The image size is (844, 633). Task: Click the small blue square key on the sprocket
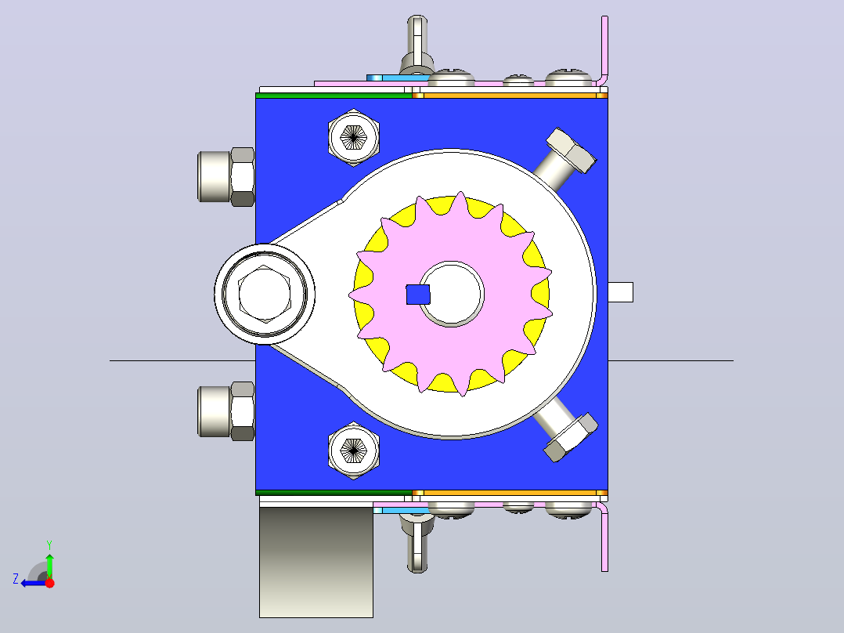[418, 295]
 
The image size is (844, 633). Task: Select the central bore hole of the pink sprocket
[452, 294]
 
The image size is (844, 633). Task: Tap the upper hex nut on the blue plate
[354, 137]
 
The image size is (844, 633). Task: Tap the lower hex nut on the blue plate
[354, 450]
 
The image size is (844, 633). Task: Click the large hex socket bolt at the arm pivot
[265, 294]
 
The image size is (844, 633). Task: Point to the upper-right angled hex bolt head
[571, 150]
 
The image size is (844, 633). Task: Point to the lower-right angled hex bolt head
[571, 437]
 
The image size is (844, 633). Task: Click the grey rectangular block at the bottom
[316, 562]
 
